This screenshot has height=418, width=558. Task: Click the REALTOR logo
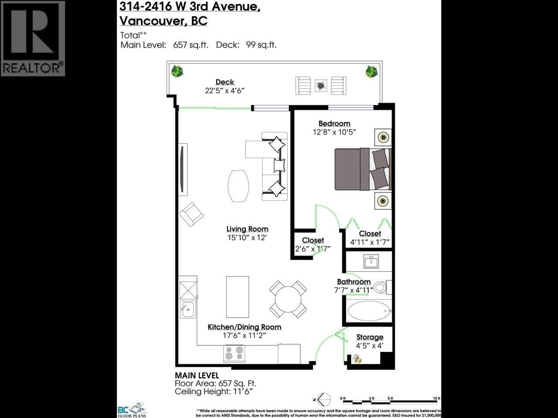(33, 38)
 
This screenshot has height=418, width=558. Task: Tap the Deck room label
(225, 82)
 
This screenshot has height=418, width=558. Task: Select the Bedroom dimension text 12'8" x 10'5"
(334, 132)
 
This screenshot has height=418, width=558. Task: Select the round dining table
(288, 299)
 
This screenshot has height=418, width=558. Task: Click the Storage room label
(370, 337)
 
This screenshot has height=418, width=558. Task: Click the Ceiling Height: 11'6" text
(214, 392)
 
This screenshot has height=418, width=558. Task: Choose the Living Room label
(247, 229)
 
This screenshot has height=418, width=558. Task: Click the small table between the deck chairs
(321, 86)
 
